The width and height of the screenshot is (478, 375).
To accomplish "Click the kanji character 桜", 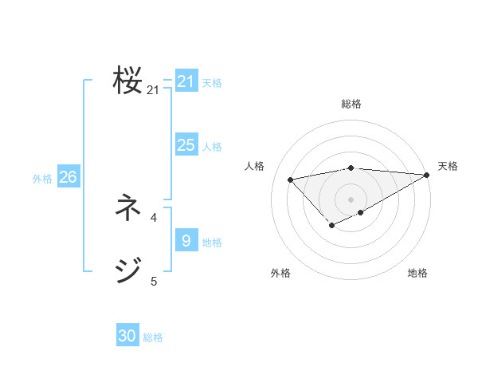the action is pyautogui.click(x=127, y=81).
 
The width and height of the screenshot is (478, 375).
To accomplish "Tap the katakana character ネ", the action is pyautogui.click(x=127, y=208).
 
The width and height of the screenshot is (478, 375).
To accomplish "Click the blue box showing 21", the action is pyautogui.click(x=186, y=81).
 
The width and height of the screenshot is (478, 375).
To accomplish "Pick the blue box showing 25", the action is pyautogui.click(x=186, y=145).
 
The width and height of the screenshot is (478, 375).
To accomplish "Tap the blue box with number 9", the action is pyautogui.click(x=186, y=240).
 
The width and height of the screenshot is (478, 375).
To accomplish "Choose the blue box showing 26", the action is pyautogui.click(x=68, y=177).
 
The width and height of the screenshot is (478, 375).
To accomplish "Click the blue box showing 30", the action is pyautogui.click(x=127, y=336).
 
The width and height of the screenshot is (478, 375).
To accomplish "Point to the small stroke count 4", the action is pyautogui.click(x=154, y=217).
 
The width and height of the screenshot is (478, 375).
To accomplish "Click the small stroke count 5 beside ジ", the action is pyautogui.click(x=154, y=281).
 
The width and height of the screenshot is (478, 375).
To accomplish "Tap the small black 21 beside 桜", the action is pyautogui.click(x=153, y=90).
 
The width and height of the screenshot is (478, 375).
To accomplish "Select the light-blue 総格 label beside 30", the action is pyautogui.click(x=153, y=337).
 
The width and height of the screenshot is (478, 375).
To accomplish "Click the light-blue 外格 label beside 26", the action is pyautogui.click(x=42, y=179).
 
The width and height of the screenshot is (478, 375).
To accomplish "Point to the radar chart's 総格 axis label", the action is pyautogui.click(x=351, y=104).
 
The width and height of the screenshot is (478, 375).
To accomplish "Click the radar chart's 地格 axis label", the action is pyautogui.click(x=417, y=274).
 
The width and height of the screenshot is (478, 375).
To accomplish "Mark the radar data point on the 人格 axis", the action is pyautogui.click(x=290, y=179).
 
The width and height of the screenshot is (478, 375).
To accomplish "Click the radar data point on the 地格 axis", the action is pyautogui.click(x=361, y=212).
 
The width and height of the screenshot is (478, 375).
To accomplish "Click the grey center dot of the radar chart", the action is pyautogui.click(x=351, y=198).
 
